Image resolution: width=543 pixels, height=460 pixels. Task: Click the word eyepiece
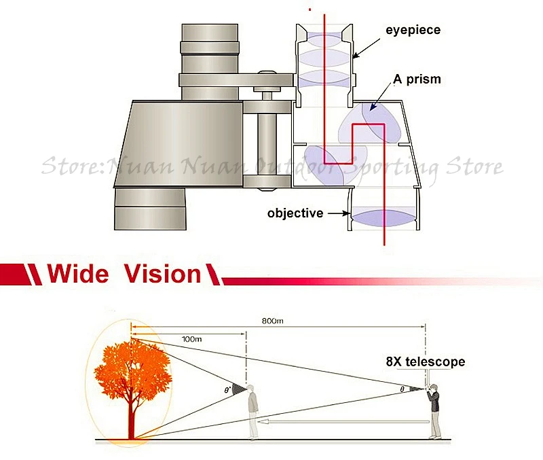pos(413,30)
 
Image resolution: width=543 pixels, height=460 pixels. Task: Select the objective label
pos(295,213)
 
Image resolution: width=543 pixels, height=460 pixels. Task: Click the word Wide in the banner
pos(77,275)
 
